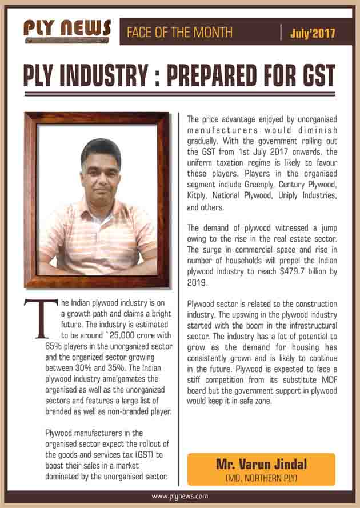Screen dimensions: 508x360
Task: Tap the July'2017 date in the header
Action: tap(312, 33)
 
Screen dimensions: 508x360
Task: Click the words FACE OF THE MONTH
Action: tap(176, 33)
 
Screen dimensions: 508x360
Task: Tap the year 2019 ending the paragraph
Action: tap(197, 282)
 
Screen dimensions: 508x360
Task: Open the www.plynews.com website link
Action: tap(180, 497)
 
